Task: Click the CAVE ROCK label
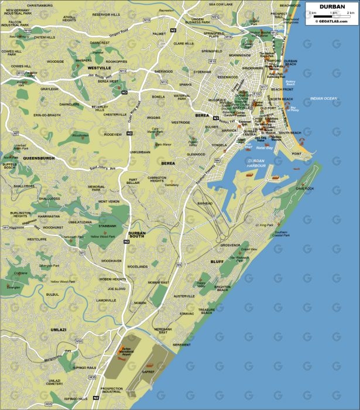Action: point(305,189)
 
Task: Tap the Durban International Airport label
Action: point(125,352)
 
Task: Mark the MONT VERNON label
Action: point(108,201)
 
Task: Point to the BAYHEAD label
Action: point(205,203)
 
